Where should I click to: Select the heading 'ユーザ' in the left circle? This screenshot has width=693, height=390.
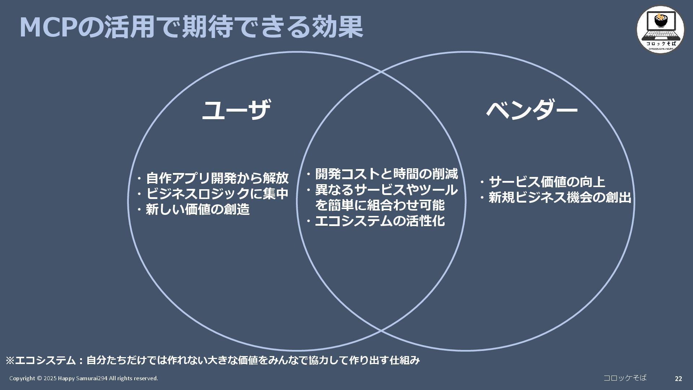pyautogui.click(x=236, y=110)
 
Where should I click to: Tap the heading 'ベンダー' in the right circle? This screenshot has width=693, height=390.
pyautogui.click(x=531, y=110)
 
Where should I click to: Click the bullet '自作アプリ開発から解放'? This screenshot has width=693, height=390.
pyautogui.click(x=217, y=178)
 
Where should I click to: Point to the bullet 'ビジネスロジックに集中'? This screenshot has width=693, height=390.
pyautogui.click(x=217, y=194)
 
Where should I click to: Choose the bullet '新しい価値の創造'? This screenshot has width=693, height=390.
pyautogui.click(x=197, y=209)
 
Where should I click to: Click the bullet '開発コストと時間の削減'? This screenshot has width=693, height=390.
pyautogui.click(x=386, y=174)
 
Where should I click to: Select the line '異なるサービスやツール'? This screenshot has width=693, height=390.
pyautogui.click(x=386, y=190)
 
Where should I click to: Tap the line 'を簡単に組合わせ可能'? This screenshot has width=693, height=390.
pyautogui.click(x=380, y=205)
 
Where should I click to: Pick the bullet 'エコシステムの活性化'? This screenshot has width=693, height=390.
pyautogui.click(x=379, y=221)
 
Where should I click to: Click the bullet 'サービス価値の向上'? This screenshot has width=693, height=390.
pyautogui.click(x=546, y=182)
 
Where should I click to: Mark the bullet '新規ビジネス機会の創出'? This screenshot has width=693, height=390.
pyautogui.click(x=559, y=198)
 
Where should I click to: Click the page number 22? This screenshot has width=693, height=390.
pyautogui.click(x=678, y=379)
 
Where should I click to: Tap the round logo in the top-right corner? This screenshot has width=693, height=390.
pyautogui.click(x=660, y=29)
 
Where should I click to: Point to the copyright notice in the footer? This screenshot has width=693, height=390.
pyautogui.click(x=83, y=378)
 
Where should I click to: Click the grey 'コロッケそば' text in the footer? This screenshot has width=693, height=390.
pyautogui.click(x=625, y=378)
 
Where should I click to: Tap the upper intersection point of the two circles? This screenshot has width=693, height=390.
pyautogui.click(x=381, y=72)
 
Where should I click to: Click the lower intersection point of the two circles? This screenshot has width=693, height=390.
pyautogui.click(x=381, y=330)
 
